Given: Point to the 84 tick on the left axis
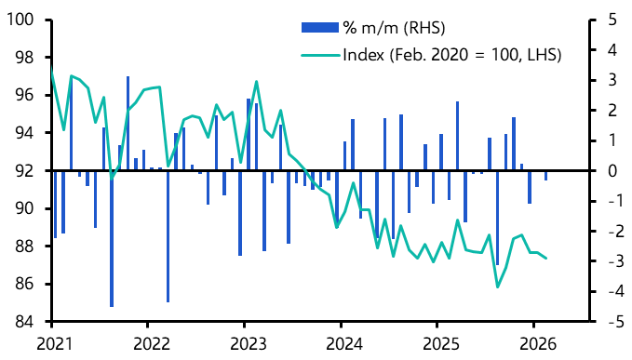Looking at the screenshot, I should [x=23, y=322].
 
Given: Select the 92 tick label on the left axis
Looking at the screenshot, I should [x=23, y=171].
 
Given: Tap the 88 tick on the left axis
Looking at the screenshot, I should [x=23, y=247].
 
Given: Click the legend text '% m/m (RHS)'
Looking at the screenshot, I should [x=385, y=27].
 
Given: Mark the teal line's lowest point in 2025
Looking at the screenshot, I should [x=497, y=287].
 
